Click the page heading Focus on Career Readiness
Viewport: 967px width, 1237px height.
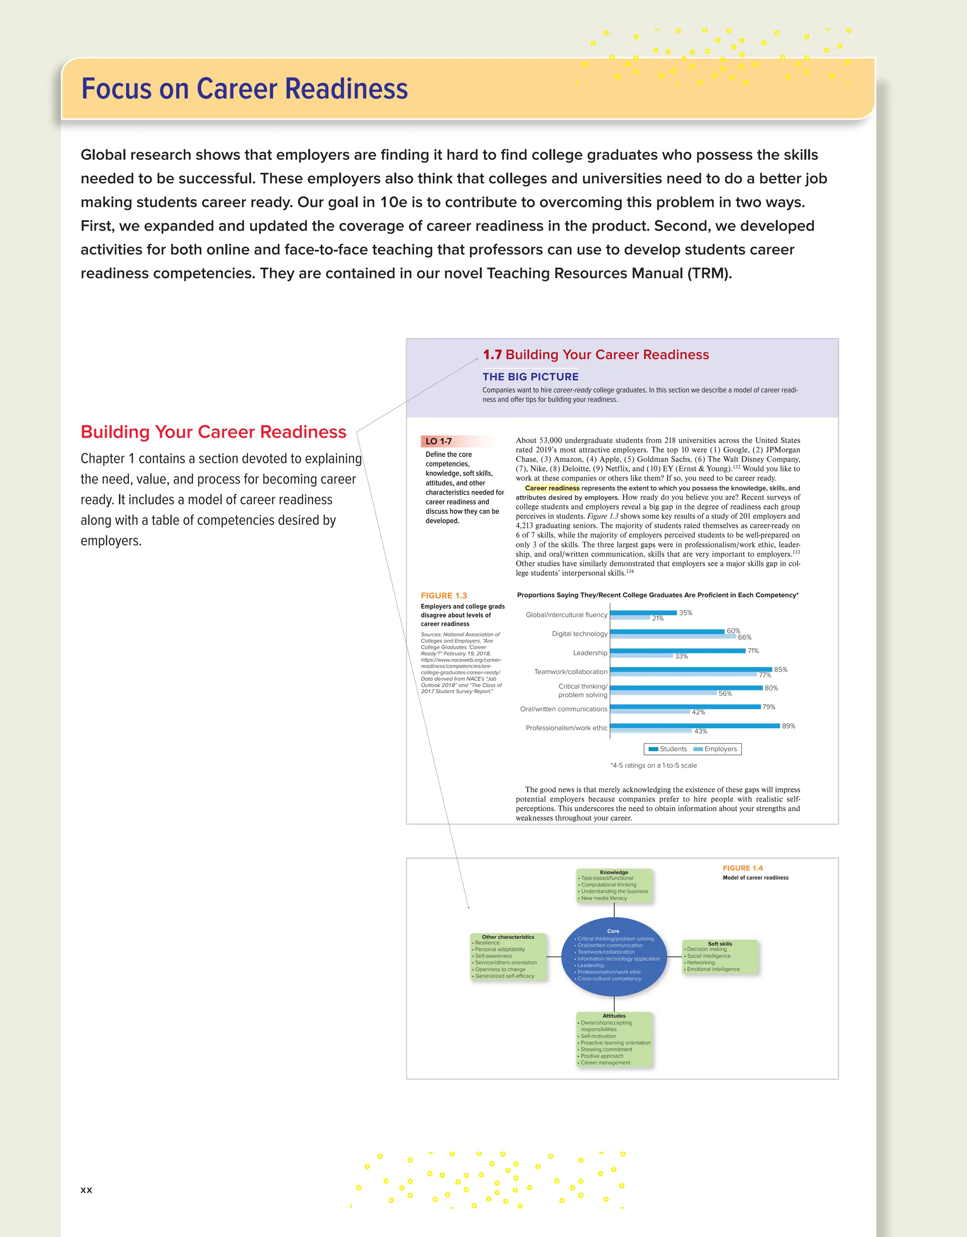pyautogui.click(x=244, y=89)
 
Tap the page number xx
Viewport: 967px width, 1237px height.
pyautogui.click(x=86, y=1189)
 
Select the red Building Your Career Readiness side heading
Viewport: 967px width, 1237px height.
pyautogui.click(x=213, y=432)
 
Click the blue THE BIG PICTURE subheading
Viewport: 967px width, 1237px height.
pyautogui.click(x=530, y=377)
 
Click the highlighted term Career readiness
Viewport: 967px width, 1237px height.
pyautogui.click(x=552, y=488)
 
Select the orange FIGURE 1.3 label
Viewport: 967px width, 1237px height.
pyautogui.click(x=443, y=595)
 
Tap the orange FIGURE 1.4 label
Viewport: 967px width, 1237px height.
pyautogui.click(x=742, y=868)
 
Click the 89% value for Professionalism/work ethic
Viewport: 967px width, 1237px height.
pyautogui.click(x=788, y=726)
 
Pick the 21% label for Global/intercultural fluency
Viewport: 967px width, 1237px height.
pyautogui.click(x=657, y=618)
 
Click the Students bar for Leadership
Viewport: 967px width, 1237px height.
pyautogui.click(x=677, y=651)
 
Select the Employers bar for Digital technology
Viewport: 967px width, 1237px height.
pyautogui.click(x=672, y=636)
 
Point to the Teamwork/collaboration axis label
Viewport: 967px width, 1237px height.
pyautogui.click(x=570, y=671)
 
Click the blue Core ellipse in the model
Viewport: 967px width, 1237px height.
pyautogui.click(x=613, y=957)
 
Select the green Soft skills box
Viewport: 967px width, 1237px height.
pyautogui.click(x=720, y=957)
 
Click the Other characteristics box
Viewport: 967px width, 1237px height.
pyautogui.click(x=508, y=957)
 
